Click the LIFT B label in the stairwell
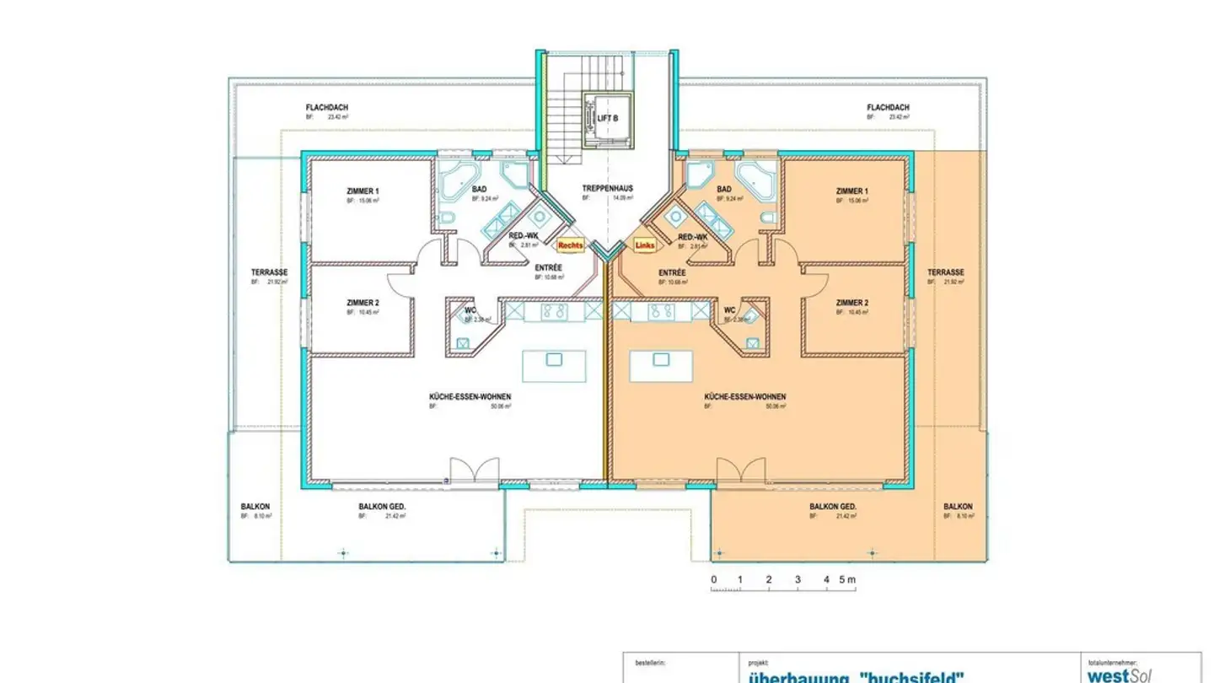(x=608, y=118)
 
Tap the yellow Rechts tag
(x=571, y=245)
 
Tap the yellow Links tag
(x=644, y=245)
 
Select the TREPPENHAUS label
(x=607, y=188)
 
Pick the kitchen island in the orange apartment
(x=660, y=366)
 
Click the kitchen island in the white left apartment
(x=553, y=366)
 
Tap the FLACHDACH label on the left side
(x=327, y=108)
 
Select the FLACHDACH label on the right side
(x=888, y=108)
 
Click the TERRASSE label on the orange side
(x=945, y=272)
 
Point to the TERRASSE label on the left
(x=269, y=272)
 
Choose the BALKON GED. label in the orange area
(x=833, y=507)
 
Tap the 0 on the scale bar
(x=713, y=579)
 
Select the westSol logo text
(x=1120, y=675)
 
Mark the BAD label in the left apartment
(x=480, y=190)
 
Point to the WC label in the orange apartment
(x=730, y=309)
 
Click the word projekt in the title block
(x=758, y=663)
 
